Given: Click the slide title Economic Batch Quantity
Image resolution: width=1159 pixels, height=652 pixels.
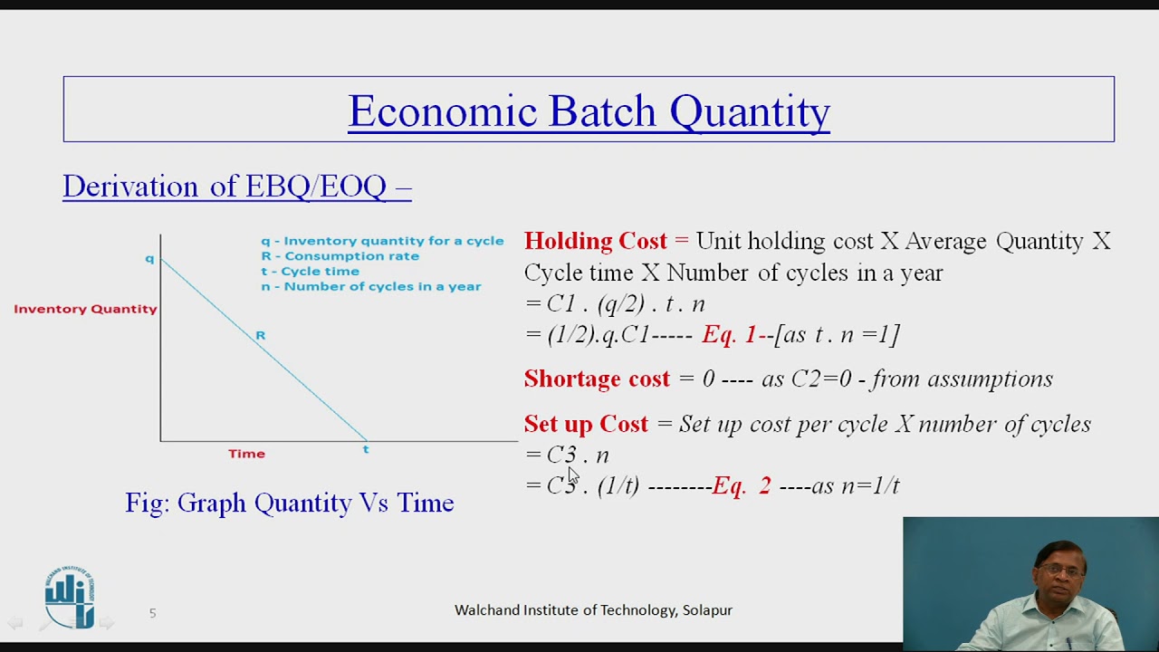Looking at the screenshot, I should point(589,111).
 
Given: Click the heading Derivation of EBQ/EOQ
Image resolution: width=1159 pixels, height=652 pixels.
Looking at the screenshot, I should point(236,187).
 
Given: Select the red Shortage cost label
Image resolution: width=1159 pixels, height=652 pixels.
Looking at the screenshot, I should point(597,379).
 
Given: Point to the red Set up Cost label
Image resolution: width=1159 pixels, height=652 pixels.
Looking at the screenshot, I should point(586,425).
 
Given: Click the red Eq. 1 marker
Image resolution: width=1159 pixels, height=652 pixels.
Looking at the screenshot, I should point(728,335).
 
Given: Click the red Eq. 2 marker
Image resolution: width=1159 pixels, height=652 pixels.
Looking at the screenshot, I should point(741,486).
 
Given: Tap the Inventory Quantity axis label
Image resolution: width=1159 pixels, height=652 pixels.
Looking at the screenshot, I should point(85,309).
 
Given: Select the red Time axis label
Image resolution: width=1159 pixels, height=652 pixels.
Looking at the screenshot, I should point(246,454).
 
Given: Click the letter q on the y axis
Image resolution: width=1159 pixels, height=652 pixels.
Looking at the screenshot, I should point(149,259).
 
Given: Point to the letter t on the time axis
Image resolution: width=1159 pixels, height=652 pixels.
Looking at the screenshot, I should point(366,450).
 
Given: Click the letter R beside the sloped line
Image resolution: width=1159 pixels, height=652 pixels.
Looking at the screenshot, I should point(260,336).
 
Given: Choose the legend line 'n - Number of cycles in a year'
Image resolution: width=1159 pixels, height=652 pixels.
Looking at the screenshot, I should point(370,286).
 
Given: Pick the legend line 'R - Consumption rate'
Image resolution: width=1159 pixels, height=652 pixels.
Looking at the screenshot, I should point(340,256).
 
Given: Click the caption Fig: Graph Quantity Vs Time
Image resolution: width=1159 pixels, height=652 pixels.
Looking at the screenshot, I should point(289,503).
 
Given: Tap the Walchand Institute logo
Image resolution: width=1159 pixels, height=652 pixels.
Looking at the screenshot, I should point(70,598).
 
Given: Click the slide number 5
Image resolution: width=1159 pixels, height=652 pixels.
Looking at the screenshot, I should point(152,613).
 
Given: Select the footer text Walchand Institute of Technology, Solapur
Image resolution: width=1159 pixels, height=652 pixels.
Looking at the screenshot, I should point(593,610).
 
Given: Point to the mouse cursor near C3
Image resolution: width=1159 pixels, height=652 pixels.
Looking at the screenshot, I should point(572,476).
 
